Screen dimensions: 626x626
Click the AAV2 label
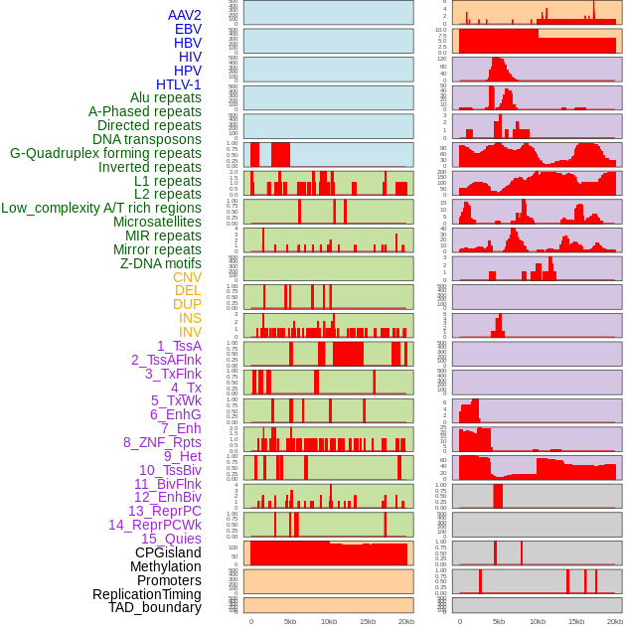[184, 15]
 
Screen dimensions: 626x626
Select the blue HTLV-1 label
[178, 84]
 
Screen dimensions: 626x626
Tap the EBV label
[188, 29]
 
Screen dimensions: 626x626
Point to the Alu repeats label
[165, 97]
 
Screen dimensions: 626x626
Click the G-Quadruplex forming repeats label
[105, 153]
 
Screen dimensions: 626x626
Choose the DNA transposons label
[147, 139]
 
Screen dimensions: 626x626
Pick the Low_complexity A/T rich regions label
[100, 208]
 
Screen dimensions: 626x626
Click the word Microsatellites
[157, 222]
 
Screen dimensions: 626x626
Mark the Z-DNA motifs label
[160, 263]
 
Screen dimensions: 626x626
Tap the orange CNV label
[187, 277]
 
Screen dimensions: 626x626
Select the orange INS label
[190, 318]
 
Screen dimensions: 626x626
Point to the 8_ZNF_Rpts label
[162, 442]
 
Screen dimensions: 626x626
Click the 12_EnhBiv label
[168, 497]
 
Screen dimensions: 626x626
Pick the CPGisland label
[168, 552]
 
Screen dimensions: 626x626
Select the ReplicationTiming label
[146, 594]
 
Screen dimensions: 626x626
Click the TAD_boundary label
[154, 607]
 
